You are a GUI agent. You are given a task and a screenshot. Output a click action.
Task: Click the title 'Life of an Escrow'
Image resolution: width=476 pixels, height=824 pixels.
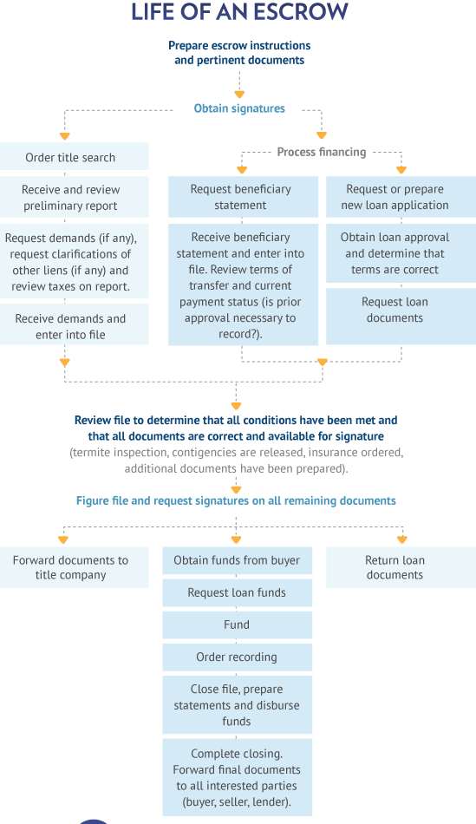pos(239,12)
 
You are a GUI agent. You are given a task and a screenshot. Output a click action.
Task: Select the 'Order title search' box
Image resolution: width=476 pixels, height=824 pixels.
pos(74,157)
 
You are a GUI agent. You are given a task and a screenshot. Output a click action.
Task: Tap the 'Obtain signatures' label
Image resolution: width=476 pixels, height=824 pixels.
pos(239,109)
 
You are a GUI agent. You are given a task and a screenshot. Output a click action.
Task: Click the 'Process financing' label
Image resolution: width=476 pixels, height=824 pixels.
pos(321,152)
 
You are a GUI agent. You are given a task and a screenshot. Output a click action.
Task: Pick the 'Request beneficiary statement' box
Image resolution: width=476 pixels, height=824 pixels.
pos(240,197)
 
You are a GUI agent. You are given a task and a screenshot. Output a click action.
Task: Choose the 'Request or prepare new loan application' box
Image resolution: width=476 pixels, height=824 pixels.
pos(400,197)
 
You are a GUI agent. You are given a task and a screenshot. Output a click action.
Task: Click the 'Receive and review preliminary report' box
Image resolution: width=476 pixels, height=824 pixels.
pos(74,198)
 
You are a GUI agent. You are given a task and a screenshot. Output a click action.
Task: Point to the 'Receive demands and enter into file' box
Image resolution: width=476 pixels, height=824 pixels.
pos(74,326)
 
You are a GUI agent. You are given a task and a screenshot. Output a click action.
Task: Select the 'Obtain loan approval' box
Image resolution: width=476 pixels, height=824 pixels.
pos(400,253)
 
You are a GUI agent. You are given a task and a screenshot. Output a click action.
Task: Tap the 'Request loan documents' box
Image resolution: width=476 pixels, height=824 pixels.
pos(400,311)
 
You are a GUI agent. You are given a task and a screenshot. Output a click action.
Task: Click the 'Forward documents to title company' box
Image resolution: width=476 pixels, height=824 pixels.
pos(74,567)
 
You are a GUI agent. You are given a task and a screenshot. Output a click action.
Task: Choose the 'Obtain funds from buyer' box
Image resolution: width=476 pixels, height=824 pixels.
pos(237,560)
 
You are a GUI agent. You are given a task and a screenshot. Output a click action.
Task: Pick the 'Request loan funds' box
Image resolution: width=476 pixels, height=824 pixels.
pos(237,593)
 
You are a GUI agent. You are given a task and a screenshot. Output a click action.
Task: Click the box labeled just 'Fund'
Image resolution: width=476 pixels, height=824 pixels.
pos(237,625)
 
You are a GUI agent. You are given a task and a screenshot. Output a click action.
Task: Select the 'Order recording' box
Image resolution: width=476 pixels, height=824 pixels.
pos(237,657)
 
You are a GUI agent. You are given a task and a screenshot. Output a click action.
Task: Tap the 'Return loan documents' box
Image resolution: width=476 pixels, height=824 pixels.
pos(400,567)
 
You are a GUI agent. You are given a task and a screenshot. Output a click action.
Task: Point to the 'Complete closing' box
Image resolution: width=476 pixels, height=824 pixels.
pos(237,777)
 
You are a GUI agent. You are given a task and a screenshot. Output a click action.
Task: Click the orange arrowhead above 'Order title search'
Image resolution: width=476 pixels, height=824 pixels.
pos(64,136)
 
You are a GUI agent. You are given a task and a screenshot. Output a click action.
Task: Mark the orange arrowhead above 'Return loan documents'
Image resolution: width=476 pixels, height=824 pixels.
pos(401,540)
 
